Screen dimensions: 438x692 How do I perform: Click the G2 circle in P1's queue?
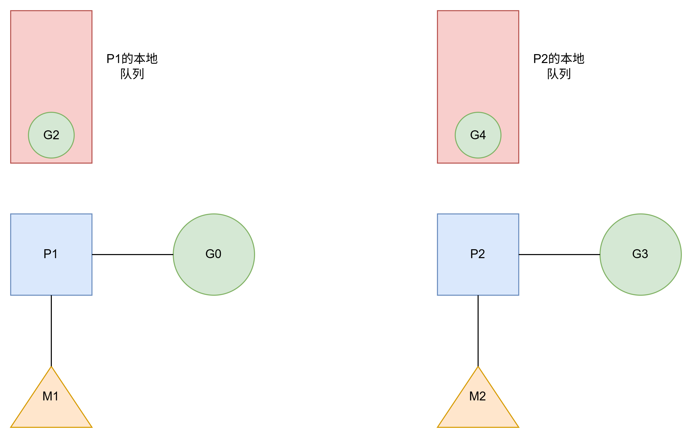coord(51,135)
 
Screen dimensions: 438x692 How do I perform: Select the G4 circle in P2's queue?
coord(478,135)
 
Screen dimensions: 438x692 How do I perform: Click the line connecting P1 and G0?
coord(132,254)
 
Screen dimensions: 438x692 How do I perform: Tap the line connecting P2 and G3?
coord(559,254)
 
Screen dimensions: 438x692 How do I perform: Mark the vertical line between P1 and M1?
coord(51,331)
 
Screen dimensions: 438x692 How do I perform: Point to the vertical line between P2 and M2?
coord(478,331)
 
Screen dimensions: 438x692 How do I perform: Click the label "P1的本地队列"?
coord(132,66)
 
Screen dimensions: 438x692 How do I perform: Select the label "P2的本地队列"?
coord(559,66)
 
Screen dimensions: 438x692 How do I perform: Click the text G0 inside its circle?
coord(213,254)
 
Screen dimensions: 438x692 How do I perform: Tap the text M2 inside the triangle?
coord(477,396)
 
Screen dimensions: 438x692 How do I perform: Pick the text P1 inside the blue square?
coord(50,254)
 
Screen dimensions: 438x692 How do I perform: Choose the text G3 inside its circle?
coord(640,254)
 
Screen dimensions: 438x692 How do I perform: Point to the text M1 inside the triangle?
coord(50,396)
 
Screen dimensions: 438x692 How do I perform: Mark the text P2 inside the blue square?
coord(477,254)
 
